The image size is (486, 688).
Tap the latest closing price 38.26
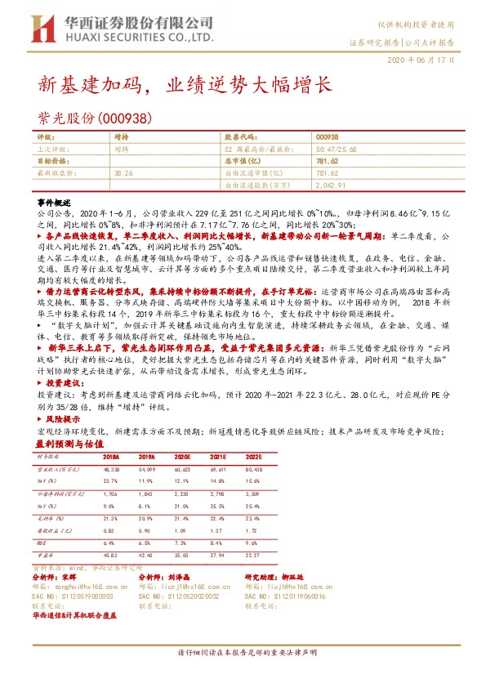(x=124, y=173)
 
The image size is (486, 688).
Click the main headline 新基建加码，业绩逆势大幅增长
(x=186, y=84)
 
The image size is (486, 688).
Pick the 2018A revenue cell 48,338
(x=112, y=471)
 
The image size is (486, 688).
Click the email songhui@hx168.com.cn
(x=87, y=586)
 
